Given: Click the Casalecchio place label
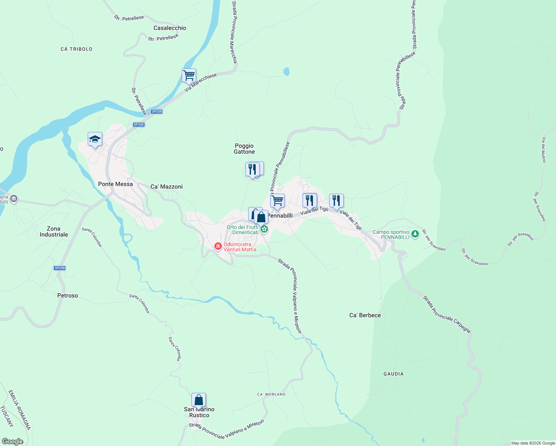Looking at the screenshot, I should (169, 28).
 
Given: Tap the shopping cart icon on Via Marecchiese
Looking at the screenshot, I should (189, 75).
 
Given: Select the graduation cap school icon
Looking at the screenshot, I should (95, 139).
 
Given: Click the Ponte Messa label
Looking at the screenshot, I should (115, 184).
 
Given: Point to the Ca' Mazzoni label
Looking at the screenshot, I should (167, 187).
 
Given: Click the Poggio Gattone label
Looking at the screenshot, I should (244, 149).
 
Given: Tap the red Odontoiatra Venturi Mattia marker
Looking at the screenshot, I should (218, 246).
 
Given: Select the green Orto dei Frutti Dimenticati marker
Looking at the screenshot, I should (264, 229).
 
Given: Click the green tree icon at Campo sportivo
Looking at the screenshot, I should (415, 234).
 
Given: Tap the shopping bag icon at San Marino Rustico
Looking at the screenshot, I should (198, 400).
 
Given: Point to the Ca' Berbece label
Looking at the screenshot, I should (365, 315).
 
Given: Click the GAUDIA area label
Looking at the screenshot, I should (393, 374).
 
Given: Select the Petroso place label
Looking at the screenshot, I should (68, 295).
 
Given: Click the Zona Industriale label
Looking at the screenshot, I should (54, 232).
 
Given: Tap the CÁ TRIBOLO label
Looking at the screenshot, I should (76, 49).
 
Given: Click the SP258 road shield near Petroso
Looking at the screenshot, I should (59, 268).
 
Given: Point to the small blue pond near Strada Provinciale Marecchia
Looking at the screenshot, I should (286, 71).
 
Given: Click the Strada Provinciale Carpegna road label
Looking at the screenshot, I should (447, 314).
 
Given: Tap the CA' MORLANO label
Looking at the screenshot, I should (271, 394).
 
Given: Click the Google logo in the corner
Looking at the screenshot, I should (12, 441).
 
